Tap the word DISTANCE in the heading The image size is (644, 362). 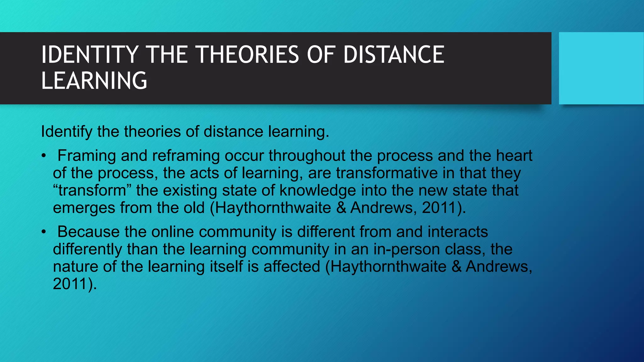394,55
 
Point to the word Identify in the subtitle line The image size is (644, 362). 66,131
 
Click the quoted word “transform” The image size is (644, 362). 92,190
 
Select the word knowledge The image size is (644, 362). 318,190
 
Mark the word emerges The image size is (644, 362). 84,208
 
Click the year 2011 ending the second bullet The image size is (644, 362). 70,284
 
